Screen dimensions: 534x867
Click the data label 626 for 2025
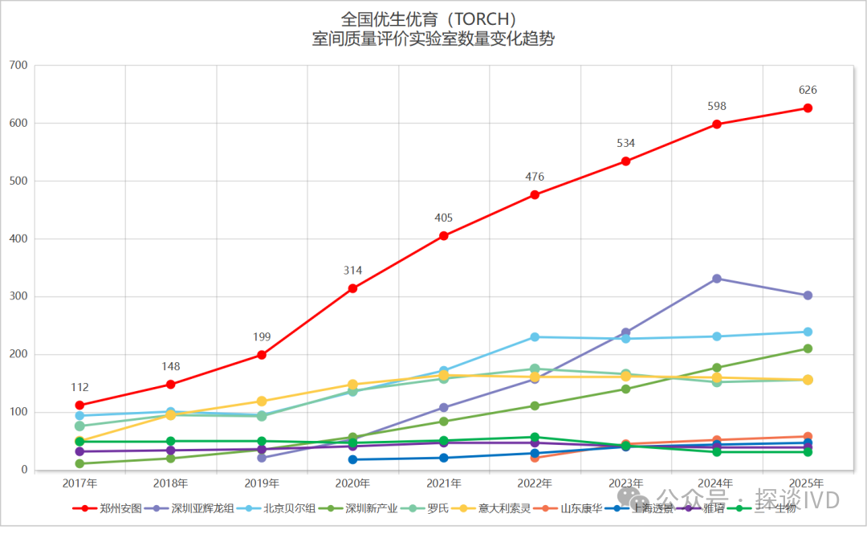[x=808, y=90]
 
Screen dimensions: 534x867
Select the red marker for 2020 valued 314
[x=352, y=288]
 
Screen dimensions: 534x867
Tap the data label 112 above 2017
[x=79, y=387]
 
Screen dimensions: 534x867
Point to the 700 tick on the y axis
[x=17, y=65]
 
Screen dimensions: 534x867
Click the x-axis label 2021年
[x=444, y=483]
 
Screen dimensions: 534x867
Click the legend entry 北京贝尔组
[x=289, y=508]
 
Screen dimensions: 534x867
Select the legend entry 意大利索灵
[x=504, y=508]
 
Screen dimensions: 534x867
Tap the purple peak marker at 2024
[x=716, y=279]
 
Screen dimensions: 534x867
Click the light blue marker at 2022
[x=535, y=337]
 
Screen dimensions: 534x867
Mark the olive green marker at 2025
[x=808, y=349]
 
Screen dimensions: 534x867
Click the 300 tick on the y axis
[x=17, y=296]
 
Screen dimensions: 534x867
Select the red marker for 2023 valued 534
[x=625, y=161]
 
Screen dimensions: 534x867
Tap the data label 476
[x=535, y=177]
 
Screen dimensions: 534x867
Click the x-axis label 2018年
[x=171, y=483]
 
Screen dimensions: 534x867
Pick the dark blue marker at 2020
[x=352, y=459]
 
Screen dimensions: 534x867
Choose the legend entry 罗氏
[x=438, y=508]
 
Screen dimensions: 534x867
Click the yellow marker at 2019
[x=262, y=402]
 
